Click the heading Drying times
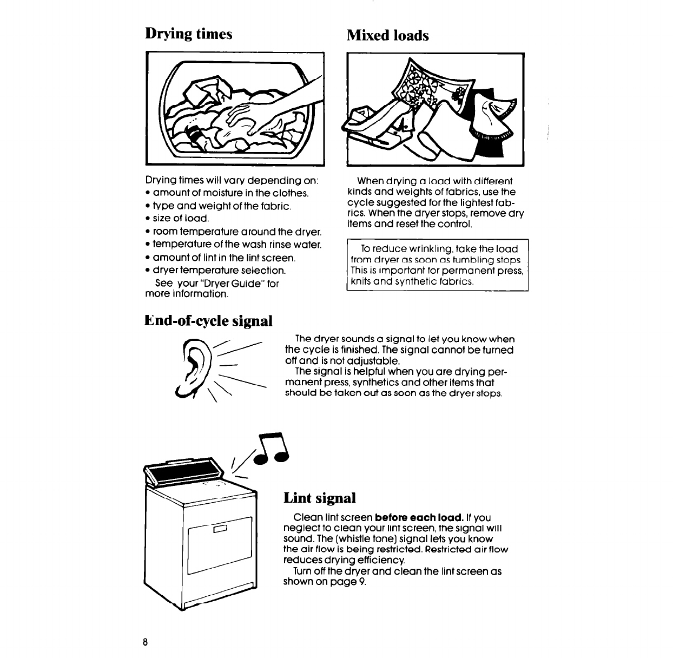point(189,34)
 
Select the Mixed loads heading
point(387,35)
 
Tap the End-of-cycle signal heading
point(208,320)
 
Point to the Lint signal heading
point(319,497)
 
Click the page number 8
point(145,642)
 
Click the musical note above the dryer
point(273,449)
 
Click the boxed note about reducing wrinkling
point(437,265)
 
